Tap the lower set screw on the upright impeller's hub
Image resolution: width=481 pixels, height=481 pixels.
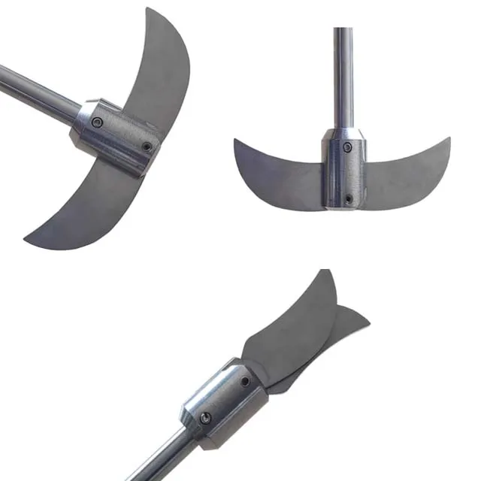[x=348, y=198]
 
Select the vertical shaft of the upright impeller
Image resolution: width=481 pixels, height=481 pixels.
[x=343, y=75]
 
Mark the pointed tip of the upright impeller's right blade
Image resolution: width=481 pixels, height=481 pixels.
[x=449, y=139]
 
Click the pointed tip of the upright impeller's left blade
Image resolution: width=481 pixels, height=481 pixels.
[x=235, y=141]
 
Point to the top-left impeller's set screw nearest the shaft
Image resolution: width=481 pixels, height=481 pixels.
[x=97, y=122]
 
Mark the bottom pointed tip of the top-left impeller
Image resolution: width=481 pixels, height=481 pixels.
[x=26, y=241]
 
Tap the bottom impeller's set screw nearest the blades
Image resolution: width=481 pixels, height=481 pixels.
[x=246, y=382]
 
